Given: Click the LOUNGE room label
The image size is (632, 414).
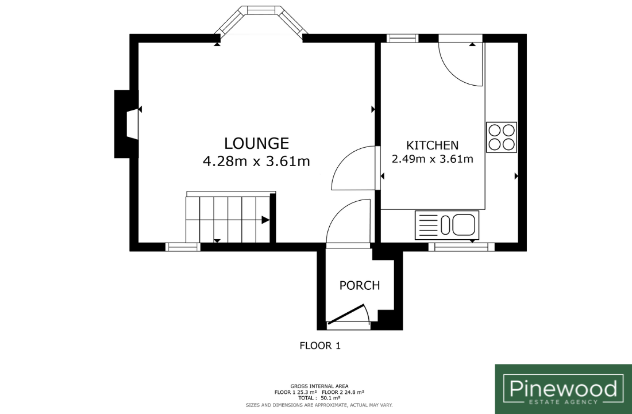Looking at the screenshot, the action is (256, 144).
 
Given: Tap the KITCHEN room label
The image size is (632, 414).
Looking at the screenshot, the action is (432, 145).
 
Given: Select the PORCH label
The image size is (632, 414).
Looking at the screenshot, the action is (360, 286).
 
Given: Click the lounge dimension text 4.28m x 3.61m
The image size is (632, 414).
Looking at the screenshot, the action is (256, 162).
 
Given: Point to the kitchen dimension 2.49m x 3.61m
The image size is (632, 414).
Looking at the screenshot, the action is (433, 159).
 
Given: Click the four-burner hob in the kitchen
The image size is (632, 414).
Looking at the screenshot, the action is (502, 137).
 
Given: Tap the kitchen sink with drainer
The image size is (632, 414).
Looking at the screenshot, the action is (447, 225).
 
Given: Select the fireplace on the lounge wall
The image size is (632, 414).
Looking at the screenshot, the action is (126, 124).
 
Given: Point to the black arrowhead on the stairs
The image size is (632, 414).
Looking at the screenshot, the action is (265, 220).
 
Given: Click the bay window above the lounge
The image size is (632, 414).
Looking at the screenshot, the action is (261, 20).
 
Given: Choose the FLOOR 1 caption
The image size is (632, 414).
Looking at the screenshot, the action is (320, 346).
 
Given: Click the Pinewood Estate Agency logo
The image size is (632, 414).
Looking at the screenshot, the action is (564, 389).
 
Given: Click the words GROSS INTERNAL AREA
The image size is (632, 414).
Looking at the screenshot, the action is (319, 386).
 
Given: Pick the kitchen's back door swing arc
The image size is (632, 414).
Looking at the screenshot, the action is (460, 64).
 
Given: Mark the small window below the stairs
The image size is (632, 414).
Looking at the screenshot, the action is (183, 247).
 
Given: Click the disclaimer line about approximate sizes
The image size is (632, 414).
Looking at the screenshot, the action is (319, 405).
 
